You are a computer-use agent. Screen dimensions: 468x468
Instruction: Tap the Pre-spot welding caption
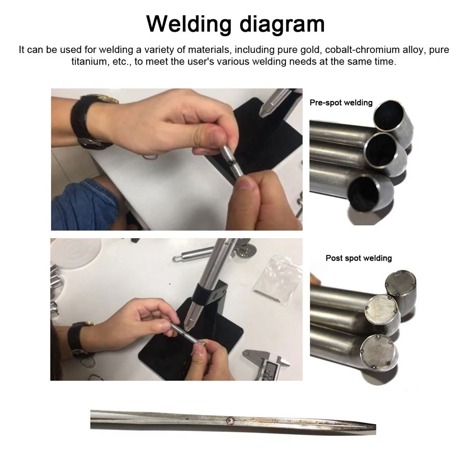pyautogui.click(x=341, y=102)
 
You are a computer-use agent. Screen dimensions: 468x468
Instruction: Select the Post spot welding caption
pyautogui.click(x=358, y=258)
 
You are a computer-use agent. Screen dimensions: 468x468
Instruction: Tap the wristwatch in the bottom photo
pyautogui.click(x=80, y=340)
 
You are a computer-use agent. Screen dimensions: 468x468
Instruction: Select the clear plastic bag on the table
pyautogui.click(x=277, y=279)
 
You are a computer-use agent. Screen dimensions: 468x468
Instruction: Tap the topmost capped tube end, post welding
pyautogui.click(x=400, y=283)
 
